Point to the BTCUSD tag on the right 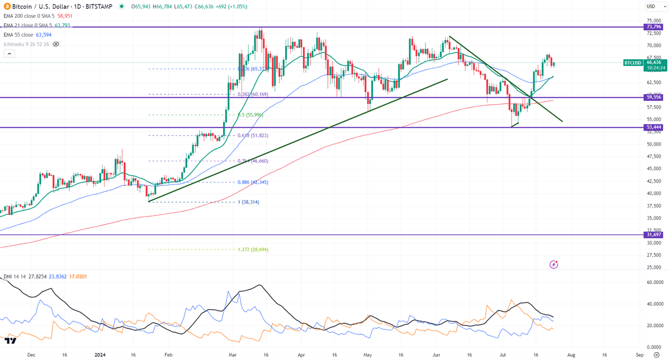tap(633, 63)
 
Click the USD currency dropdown tap(651, 7)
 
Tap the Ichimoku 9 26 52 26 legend tap(26, 44)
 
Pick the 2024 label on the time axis tap(100, 354)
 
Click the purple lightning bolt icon tap(553, 264)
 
